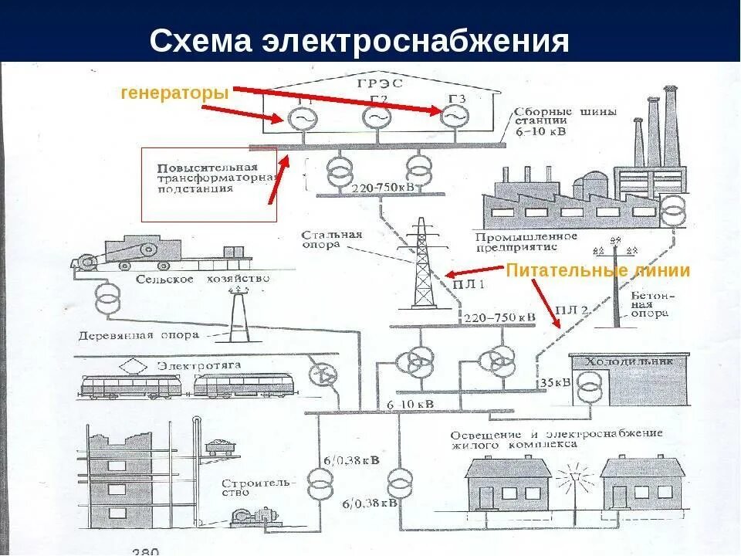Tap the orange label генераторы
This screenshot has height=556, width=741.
click(x=175, y=93)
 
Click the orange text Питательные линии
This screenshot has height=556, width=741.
click(x=597, y=271)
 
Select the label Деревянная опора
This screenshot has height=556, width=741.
click(x=139, y=336)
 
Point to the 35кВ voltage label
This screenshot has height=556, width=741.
click(x=555, y=382)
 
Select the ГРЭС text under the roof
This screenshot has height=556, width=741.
click(x=376, y=84)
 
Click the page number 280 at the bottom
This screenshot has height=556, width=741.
click(x=145, y=551)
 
